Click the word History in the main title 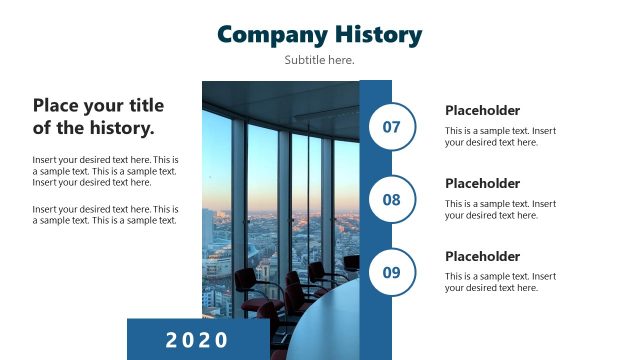[x=372, y=34]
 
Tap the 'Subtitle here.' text [x=319, y=60]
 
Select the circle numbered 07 [x=392, y=127]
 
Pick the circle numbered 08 [x=392, y=200]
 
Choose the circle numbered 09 [x=392, y=272]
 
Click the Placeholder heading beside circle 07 [x=482, y=111]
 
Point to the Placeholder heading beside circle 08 [x=482, y=184]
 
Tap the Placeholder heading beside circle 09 [x=482, y=257]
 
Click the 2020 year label [x=197, y=339]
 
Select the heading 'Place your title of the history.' [x=98, y=116]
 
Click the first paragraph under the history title [x=105, y=171]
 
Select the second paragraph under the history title [x=105, y=215]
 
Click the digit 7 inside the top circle [x=396, y=127]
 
